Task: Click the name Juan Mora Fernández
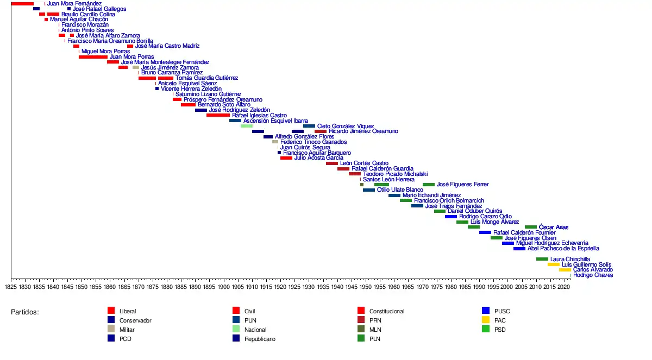74,4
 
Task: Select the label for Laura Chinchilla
570,260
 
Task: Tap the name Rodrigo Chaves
593,275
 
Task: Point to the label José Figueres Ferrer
462,185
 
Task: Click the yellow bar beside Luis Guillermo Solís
553,264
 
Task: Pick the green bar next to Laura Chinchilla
542,259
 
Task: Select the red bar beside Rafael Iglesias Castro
218,115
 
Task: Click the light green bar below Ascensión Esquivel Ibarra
246,126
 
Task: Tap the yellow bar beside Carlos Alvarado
565,270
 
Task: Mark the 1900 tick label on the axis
223,287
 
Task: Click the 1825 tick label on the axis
11,287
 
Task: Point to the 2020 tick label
564,287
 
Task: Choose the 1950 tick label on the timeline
365,287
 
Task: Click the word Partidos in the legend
25,312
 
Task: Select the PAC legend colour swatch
486,320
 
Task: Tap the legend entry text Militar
127,330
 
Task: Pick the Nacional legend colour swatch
236,329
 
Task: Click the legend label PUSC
502,312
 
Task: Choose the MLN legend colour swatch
361,329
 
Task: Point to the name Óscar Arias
554,227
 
